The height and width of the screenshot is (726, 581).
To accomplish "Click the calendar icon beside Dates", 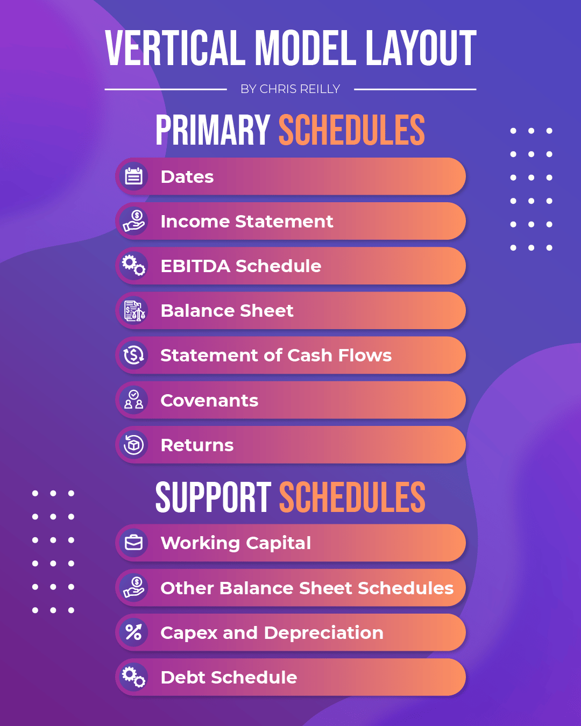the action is (x=134, y=176).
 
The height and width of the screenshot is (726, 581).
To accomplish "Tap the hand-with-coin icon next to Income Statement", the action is (x=134, y=221).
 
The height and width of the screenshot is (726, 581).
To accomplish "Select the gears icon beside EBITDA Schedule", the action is (x=134, y=266).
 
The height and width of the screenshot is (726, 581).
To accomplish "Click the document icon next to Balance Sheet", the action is (x=134, y=310).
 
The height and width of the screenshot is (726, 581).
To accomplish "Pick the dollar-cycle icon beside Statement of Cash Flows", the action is (x=134, y=355).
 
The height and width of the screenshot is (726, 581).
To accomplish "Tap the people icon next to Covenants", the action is (x=134, y=400).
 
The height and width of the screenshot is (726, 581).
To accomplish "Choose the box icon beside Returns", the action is (x=134, y=445).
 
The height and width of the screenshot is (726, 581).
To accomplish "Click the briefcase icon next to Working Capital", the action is (x=134, y=543).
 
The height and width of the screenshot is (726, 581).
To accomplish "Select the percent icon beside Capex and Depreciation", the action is (x=134, y=632).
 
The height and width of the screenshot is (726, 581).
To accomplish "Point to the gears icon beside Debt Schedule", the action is (x=134, y=677).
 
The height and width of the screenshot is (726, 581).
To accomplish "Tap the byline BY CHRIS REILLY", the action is (x=290, y=89).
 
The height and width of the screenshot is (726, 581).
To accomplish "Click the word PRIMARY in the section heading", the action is (x=213, y=130).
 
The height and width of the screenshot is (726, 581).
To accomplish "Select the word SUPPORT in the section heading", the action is (x=214, y=497).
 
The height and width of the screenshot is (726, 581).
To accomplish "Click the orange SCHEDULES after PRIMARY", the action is (x=352, y=130).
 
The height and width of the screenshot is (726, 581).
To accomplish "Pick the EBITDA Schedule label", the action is (x=240, y=266).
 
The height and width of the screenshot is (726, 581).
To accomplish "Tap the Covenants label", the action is (x=209, y=401).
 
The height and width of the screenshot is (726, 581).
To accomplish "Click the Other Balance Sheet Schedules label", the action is (x=307, y=588).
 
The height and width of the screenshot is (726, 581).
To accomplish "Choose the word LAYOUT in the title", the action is (x=421, y=48).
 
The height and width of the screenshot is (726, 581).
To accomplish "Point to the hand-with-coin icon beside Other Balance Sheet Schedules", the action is (x=134, y=587).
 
